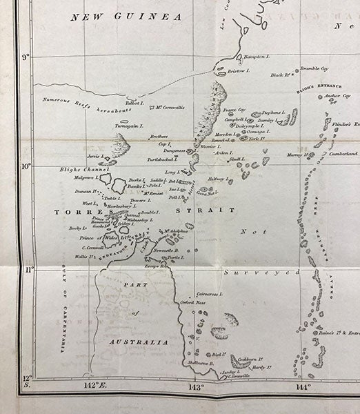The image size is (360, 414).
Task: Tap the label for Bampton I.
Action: (256, 55)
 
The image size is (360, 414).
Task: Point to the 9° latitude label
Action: (24, 58)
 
